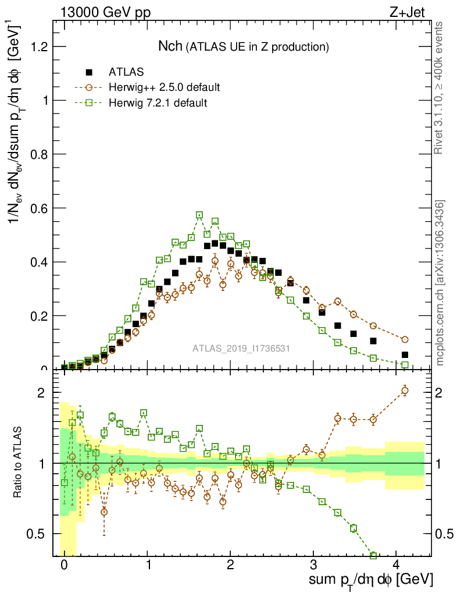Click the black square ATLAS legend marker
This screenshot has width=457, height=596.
(89, 72)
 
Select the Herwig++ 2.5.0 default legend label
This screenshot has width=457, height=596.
(164, 87)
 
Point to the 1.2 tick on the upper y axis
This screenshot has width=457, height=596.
(37, 47)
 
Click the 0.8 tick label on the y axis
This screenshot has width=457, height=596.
(37, 154)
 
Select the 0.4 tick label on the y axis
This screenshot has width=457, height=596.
(37, 262)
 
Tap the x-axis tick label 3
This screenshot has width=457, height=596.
(313, 565)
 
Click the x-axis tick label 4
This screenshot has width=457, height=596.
(397, 565)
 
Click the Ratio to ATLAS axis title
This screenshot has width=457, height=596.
(18, 463)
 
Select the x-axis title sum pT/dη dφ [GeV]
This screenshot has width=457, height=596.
(371, 580)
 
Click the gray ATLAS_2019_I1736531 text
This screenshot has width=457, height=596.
(241, 349)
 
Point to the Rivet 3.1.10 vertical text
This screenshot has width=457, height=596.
(440, 87)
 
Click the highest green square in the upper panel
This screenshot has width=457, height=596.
(199, 215)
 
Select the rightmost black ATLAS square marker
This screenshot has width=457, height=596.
(405, 354)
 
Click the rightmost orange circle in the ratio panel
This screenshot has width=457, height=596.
(405, 391)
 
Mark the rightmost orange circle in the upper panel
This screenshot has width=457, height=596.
(405, 339)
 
